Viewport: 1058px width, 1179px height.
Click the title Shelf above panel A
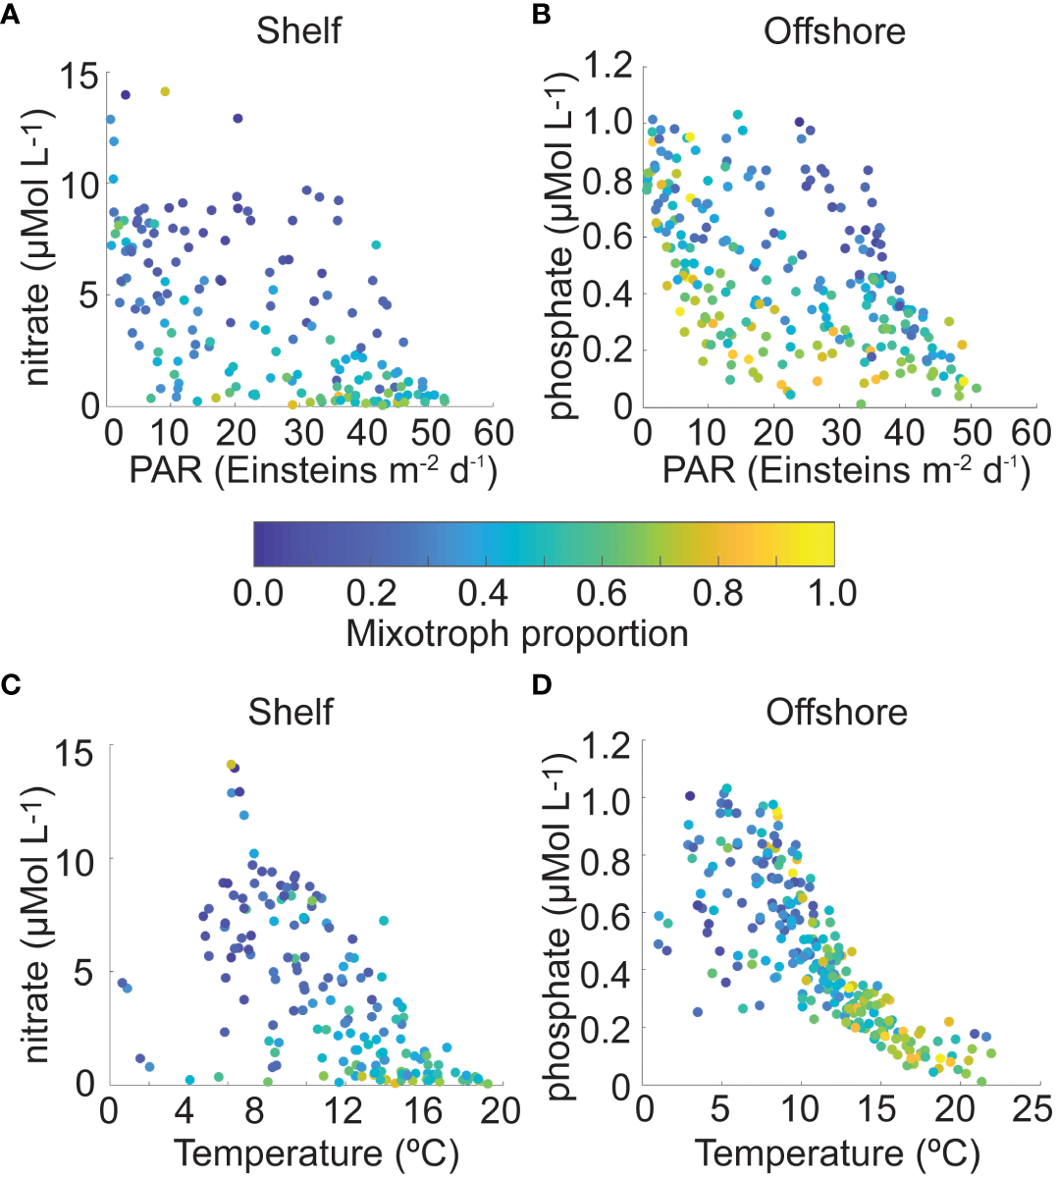pyautogui.click(x=298, y=31)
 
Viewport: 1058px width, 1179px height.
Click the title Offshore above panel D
pyautogui.click(x=836, y=712)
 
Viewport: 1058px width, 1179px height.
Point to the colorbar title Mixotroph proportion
pyautogui.click(x=517, y=633)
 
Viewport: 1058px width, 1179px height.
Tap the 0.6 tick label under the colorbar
pyautogui.click(x=602, y=593)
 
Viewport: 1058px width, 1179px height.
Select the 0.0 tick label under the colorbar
pyautogui.click(x=258, y=593)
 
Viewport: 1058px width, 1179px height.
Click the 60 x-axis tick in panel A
pyautogui.click(x=494, y=433)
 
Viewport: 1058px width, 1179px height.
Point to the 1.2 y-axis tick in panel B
pyautogui.click(x=609, y=68)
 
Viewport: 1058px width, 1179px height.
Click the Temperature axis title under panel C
pyautogui.click(x=316, y=1152)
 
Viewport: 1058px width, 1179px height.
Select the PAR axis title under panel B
pyautogui.click(x=846, y=470)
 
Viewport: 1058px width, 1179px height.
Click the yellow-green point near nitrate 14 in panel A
pyautogui.click(x=165, y=91)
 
